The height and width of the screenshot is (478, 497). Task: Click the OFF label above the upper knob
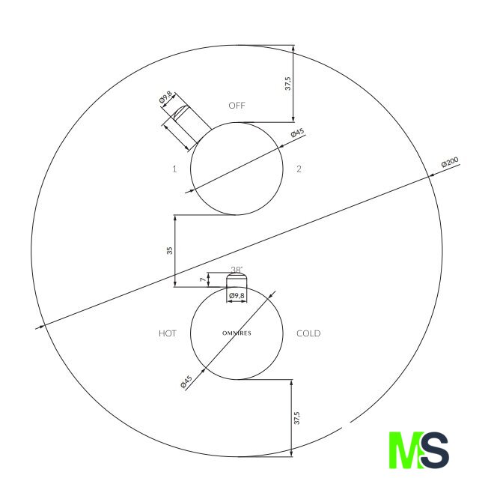237,106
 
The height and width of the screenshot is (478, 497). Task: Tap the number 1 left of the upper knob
174,169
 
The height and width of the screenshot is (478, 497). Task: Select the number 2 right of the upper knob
299,169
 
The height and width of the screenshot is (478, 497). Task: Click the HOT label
168,333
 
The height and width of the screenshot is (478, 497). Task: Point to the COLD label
308,333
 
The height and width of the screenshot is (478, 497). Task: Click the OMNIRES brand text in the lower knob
237,333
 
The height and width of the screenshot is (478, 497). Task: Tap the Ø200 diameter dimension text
450,162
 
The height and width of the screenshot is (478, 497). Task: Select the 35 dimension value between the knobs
170,250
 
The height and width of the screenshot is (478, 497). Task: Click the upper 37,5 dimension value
288,83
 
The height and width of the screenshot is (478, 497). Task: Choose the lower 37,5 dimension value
296,418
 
